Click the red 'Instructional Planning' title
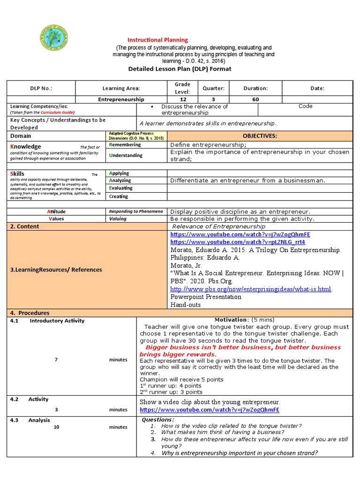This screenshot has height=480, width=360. tap(158, 40)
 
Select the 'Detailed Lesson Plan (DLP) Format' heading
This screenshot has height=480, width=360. tap(180, 69)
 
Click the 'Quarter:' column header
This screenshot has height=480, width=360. tap(213, 88)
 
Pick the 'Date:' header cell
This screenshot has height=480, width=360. tap(317, 88)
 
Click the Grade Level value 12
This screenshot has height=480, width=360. tap(182, 99)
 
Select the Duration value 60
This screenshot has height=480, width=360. tap(255, 99)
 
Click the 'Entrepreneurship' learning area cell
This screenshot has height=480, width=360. tap(121, 99)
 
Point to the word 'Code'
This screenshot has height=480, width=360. tap(305, 106)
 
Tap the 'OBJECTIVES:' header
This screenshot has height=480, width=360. tap(259, 136)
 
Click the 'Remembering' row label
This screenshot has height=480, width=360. tap(125, 145)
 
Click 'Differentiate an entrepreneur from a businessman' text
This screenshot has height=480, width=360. tap(248, 180)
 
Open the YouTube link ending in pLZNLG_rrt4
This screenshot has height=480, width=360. tap(238, 242)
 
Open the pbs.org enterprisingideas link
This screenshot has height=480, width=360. tap(251, 289)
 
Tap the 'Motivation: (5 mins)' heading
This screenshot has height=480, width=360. tap(244, 320)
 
